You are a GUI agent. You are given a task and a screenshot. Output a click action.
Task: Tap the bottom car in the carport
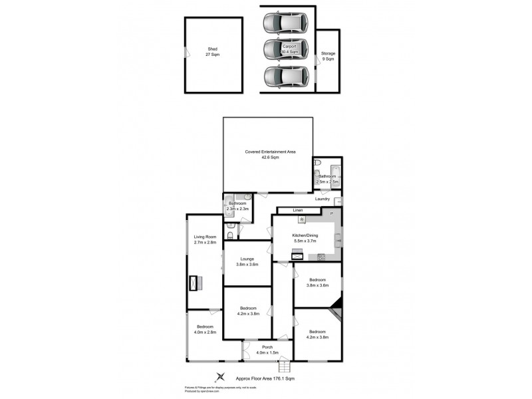point(285,77)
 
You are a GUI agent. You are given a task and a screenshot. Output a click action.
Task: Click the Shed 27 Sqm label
point(213,52)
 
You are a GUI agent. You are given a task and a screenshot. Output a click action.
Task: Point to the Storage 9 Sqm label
point(328,56)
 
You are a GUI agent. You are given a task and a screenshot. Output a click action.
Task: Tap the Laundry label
point(323,199)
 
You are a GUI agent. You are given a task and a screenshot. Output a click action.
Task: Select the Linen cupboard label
point(289,211)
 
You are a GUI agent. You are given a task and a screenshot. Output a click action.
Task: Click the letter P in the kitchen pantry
point(332,213)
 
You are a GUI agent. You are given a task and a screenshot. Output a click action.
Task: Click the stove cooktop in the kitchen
point(321,257)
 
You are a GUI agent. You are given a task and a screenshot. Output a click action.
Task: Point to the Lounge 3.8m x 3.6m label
point(247,261)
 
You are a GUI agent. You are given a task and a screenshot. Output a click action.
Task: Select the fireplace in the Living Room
point(195,283)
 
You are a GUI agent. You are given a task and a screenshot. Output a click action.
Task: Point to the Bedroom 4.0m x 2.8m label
point(204,330)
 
